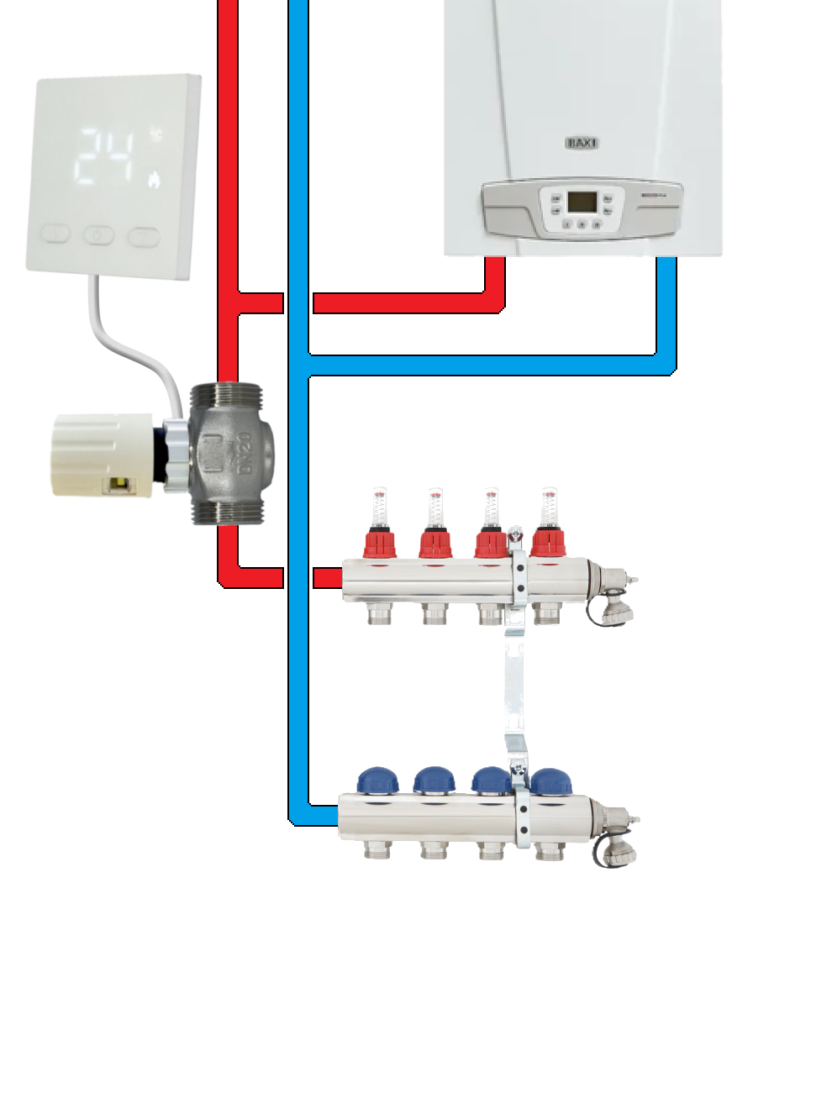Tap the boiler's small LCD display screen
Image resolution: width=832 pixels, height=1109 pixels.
[582, 202]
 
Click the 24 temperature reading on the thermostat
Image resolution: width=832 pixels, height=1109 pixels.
[109, 156]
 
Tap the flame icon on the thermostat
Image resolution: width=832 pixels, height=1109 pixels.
[154, 178]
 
